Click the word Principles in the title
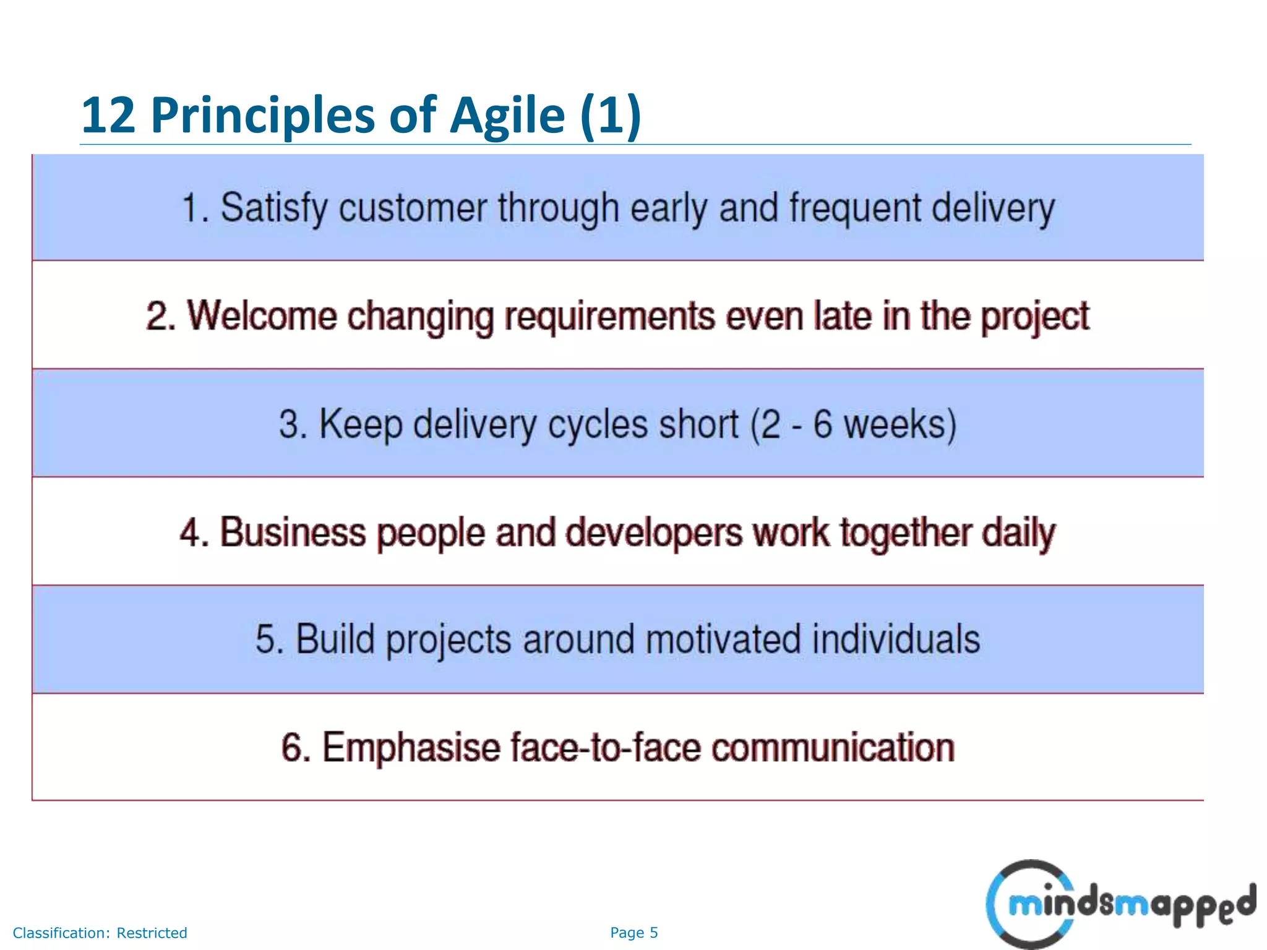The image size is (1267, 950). coord(263,116)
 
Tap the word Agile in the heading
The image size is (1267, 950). coord(507,116)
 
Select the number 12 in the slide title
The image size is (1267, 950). coord(108,116)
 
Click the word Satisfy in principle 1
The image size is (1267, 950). coord(274,208)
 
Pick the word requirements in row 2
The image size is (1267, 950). coord(609,316)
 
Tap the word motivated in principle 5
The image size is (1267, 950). coord(723,640)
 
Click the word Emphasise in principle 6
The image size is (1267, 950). coord(411,748)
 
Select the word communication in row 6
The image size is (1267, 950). coord(833,748)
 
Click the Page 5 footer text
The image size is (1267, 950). coord(633,933)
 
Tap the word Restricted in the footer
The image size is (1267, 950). coord(152,933)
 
